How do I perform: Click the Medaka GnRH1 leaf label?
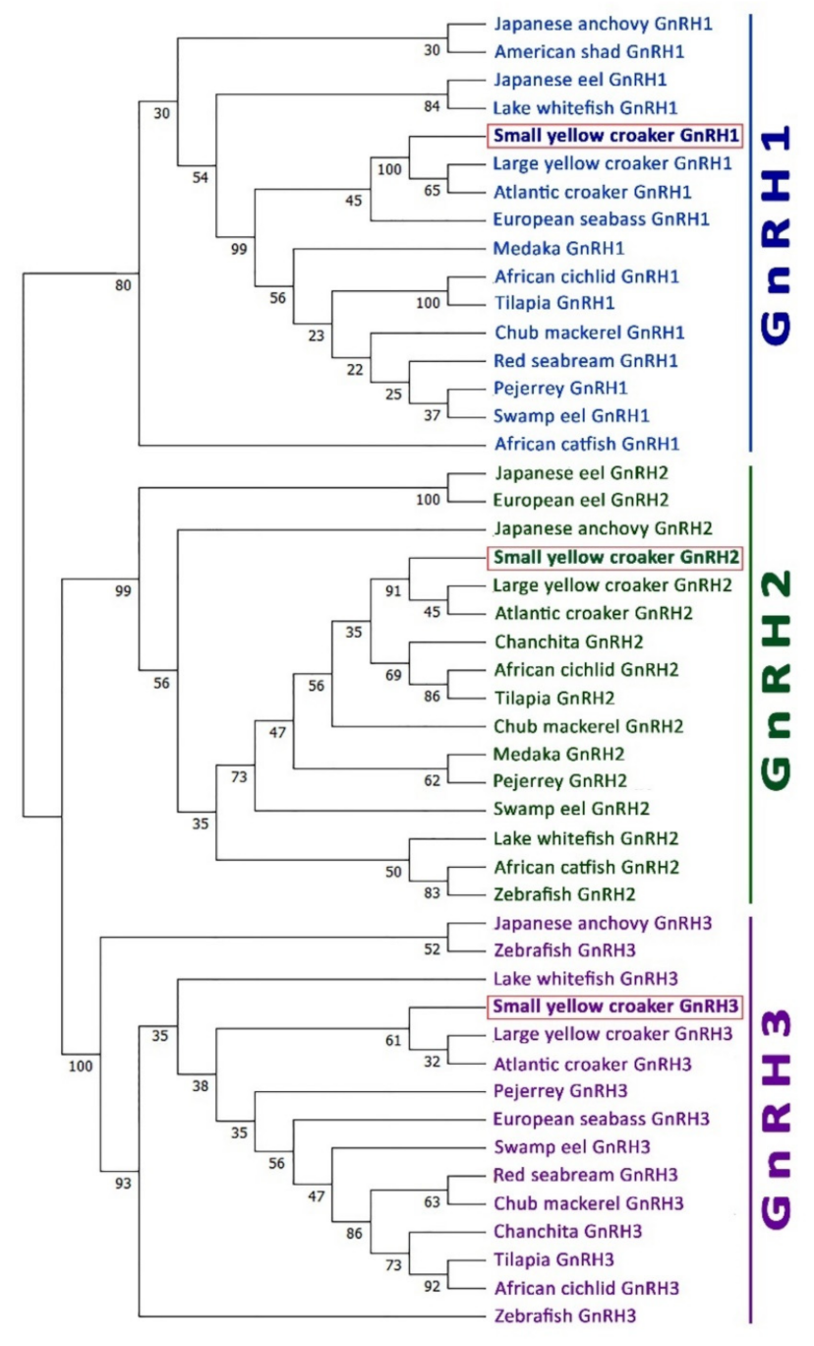point(547,247)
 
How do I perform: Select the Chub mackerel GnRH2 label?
point(587,726)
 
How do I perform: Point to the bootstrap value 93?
point(122,1183)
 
